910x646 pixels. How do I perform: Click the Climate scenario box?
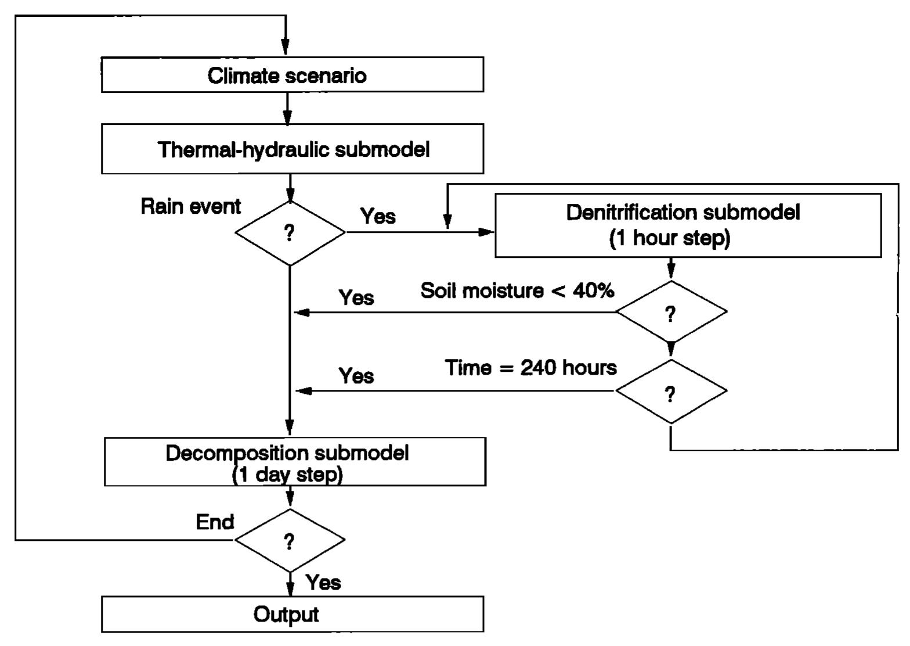tap(292, 75)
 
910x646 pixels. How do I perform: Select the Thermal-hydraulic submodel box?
tap(292, 149)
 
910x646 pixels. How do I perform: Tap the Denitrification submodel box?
tap(688, 225)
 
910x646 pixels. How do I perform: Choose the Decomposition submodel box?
tap(295, 462)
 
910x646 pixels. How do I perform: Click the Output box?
tap(292, 614)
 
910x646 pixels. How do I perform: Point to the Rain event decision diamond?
tap(290, 233)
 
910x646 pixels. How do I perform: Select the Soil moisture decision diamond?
tap(671, 313)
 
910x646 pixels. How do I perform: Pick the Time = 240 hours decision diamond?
tap(671, 392)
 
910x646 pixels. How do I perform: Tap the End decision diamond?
tap(290, 540)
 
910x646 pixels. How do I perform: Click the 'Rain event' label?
tap(190, 206)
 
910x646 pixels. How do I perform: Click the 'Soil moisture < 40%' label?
tap(517, 290)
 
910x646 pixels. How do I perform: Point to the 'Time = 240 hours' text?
tap(530, 368)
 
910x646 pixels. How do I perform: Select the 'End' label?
tap(215, 522)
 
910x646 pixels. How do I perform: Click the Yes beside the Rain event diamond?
tap(378, 216)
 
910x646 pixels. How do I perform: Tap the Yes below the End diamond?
tap(323, 582)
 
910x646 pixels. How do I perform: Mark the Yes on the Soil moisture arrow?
tap(356, 297)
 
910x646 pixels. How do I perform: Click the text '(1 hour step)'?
tap(670, 238)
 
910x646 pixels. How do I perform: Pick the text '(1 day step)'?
tap(287, 475)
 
